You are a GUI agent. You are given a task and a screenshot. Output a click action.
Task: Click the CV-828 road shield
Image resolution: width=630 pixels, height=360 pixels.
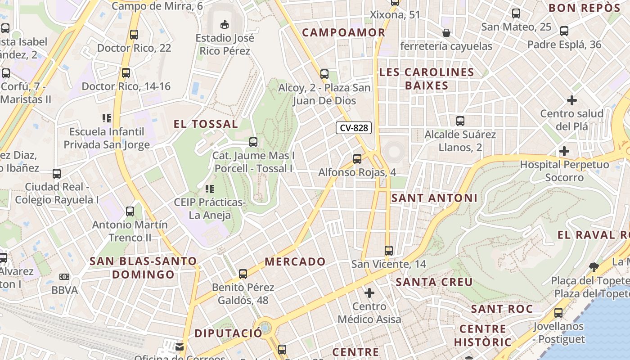(x=354, y=128)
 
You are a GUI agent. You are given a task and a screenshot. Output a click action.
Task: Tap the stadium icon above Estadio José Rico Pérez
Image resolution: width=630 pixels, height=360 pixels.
(x=225, y=24)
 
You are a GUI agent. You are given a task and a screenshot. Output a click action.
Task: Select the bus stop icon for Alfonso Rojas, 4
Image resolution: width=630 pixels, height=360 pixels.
(x=357, y=158)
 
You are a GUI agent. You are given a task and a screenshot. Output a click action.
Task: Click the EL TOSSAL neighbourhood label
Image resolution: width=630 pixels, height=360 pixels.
(x=206, y=124)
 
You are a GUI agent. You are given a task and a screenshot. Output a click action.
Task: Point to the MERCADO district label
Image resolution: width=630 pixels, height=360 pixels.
(x=295, y=261)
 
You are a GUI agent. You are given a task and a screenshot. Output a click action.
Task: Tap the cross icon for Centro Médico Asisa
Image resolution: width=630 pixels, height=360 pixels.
(x=369, y=293)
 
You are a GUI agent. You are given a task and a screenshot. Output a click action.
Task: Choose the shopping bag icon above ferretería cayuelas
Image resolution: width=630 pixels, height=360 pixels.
(x=446, y=32)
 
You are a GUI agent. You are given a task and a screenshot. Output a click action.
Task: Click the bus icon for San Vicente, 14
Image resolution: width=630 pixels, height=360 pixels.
(x=389, y=251)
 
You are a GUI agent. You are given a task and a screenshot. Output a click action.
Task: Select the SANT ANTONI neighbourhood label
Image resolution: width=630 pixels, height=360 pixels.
(x=434, y=198)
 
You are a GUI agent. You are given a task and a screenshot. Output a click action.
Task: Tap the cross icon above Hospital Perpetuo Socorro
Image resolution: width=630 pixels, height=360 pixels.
(x=564, y=151)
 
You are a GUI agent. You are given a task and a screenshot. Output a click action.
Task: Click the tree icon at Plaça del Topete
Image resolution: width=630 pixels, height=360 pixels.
(x=594, y=267)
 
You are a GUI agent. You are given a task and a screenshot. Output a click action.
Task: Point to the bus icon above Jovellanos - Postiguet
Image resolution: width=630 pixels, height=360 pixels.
(x=558, y=313)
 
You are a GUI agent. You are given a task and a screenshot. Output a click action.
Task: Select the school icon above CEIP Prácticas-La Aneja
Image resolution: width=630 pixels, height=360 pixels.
(x=209, y=189)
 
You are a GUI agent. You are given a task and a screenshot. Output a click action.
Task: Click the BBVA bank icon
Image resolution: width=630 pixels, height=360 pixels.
(x=65, y=277)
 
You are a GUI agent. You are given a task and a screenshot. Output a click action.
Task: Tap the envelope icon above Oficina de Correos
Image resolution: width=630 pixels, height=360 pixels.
(x=180, y=347)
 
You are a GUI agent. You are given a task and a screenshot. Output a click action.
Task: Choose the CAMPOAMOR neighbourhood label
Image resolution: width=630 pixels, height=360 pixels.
(x=344, y=32)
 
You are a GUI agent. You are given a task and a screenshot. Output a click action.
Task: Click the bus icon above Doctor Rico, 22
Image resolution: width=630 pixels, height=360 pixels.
(x=134, y=35)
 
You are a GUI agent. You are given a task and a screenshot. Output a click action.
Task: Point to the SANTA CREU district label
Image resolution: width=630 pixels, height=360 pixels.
(x=434, y=282)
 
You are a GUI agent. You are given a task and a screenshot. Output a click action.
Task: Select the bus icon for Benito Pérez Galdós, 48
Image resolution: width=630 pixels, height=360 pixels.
(x=243, y=274)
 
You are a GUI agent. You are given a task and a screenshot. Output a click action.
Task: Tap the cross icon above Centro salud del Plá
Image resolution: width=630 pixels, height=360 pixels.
(x=572, y=100)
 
